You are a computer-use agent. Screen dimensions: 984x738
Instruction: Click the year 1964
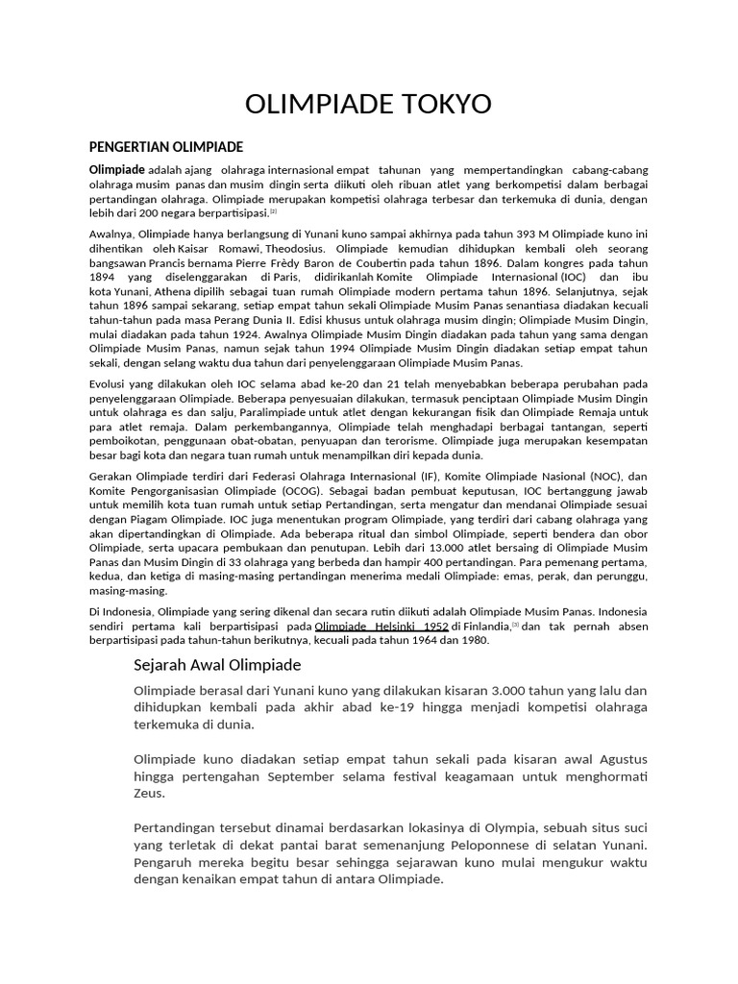(426, 640)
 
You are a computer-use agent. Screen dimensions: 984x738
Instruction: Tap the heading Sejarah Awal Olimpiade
(217, 664)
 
